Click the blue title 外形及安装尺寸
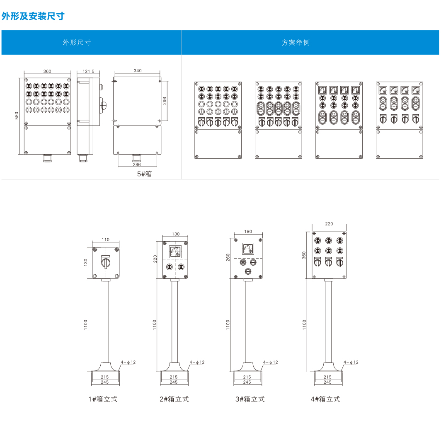(x=33, y=16)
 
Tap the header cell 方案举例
(x=296, y=42)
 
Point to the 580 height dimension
(x=17, y=116)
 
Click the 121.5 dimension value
(x=88, y=71)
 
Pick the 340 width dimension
(x=138, y=71)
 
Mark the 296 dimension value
(x=164, y=101)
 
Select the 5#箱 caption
(x=145, y=174)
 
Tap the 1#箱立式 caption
(x=103, y=399)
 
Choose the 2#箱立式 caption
(x=174, y=399)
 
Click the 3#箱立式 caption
(x=250, y=399)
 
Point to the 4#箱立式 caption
(x=325, y=399)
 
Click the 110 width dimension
(x=105, y=240)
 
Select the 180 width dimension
(x=248, y=232)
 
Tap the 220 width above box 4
(x=329, y=224)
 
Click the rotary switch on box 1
(x=106, y=261)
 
